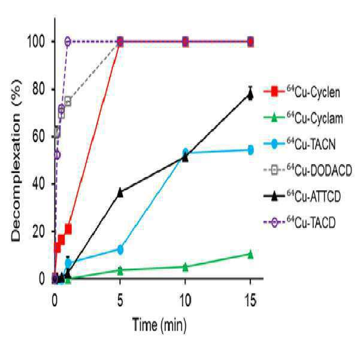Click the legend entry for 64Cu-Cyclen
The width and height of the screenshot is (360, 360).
tap(302, 92)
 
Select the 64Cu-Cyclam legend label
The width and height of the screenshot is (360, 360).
tap(303, 118)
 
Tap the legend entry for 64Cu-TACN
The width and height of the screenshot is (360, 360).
tap(300, 144)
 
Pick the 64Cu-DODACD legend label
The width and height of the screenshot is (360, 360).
tap(308, 170)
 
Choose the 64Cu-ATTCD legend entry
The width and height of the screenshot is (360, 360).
tap(302, 196)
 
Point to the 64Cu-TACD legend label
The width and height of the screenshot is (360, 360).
tap(300, 222)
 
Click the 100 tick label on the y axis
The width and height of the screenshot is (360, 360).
tap(35, 42)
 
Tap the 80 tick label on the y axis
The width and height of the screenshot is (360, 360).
tap(38, 89)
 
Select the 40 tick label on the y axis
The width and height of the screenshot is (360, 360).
tap(38, 184)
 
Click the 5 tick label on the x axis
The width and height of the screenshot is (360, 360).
tap(120, 300)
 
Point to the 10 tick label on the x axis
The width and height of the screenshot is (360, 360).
tap(185, 300)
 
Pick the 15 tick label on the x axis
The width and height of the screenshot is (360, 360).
tap(250, 300)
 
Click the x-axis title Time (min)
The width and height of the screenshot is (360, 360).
tap(159, 325)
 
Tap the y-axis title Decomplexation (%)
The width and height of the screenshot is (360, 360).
tap(16, 160)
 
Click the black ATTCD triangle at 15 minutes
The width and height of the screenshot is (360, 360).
tap(250, 94)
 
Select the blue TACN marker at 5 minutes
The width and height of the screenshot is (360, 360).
tap(120, 249)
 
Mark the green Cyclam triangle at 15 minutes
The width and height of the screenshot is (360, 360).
tap(250, 255)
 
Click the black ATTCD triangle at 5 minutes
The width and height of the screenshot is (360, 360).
tap(120, 192)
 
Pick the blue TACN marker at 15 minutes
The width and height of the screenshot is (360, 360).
tap(250, 150)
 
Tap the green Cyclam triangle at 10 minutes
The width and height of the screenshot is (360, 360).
tap(185, 267)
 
